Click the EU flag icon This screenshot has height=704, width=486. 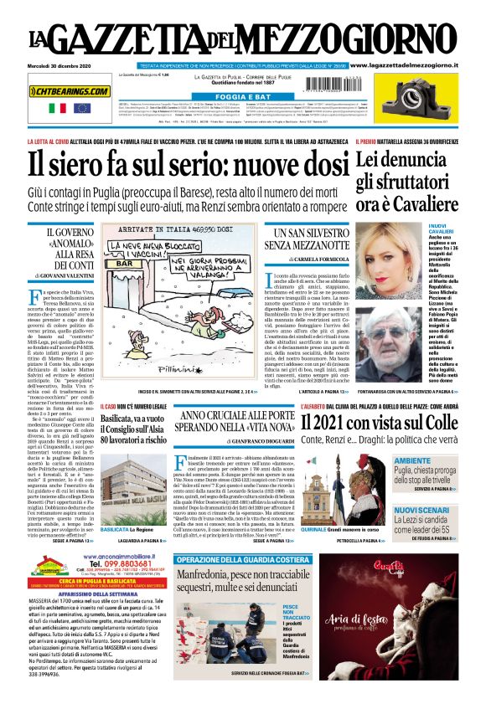(81, 108)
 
